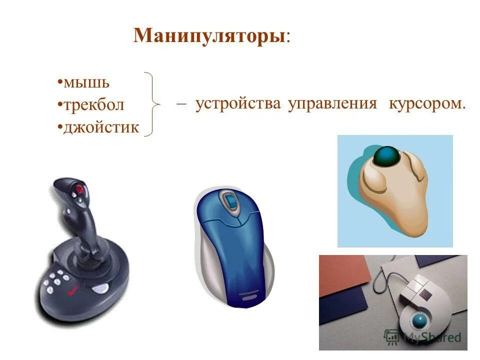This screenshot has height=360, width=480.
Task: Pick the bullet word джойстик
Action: pyautogui.click(x=100, y=127)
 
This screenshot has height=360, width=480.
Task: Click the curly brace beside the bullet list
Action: pyautogui.click(x=153, y=104)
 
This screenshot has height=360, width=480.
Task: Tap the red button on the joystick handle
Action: pyautogui.click(x=79, y=189)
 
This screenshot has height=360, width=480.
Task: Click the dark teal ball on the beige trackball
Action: pyautogui.click(x=386, y=156)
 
